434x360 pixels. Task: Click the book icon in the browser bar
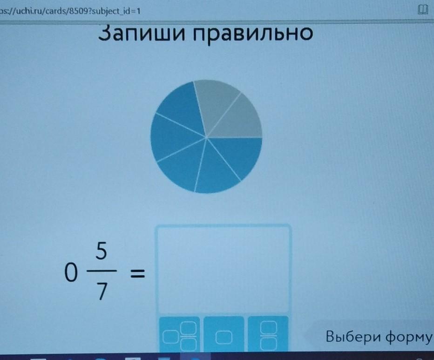click(423, 10)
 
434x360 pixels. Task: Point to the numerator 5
click(102, 251)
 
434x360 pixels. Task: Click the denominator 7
click(102, 291)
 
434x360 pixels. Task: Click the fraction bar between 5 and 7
click(102, 271)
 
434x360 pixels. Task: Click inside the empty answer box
click(224, 269)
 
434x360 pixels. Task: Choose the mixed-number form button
click(180, 334)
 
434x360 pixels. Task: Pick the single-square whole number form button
click(224, 335)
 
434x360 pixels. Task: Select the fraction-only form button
click(268, 335)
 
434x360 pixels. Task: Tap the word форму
click(408, 338)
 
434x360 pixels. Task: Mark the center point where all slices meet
click(206, 137)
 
